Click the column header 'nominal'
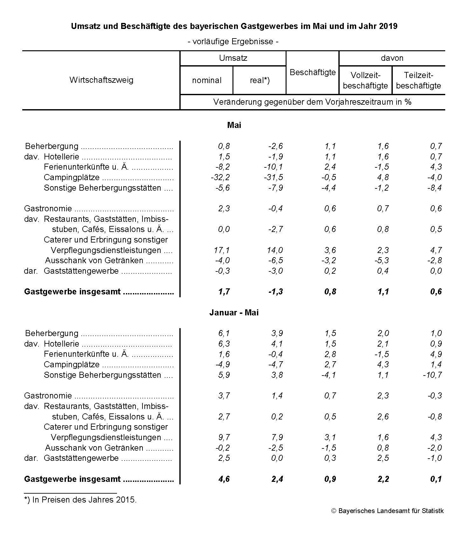click(x=206, y=81)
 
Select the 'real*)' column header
click(x=260, y=81)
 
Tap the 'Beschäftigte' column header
click(x=313, y=73)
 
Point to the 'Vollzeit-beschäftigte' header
click(x=365, y=81)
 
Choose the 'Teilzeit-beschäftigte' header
click(x=419, y=81)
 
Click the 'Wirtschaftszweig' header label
click(x=101, y=80)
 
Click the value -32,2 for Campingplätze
click(x=220, y=177)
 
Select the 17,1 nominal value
click(x=222, y=250)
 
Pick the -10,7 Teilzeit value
click(x=432, y=375)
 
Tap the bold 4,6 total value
click(x=224, y=479)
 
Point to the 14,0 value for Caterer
click(x=275, y=250)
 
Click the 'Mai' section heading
click(x=234, y=125)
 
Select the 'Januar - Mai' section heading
click(x=234, y=313)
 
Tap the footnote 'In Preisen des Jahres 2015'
click(x=80, y=500)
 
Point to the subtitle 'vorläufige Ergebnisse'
click(x=234, y=42)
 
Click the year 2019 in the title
click(x=388, y=26)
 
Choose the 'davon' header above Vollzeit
click(x=392, y=58)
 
